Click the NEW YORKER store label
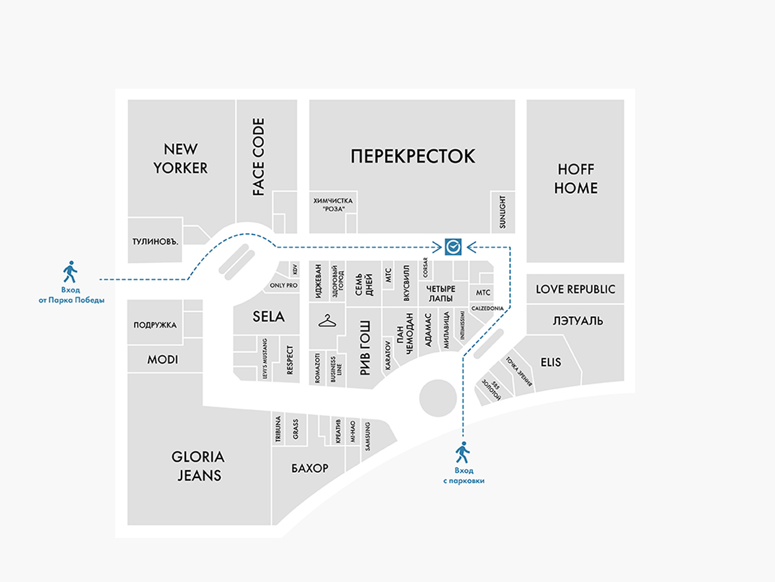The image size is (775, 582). pos(180,158)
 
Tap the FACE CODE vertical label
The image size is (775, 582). pos(258,157)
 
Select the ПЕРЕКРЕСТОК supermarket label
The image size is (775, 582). pos(413,156)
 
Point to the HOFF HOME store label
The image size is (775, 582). pos(577,179)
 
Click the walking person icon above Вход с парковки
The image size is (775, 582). pos(462,450)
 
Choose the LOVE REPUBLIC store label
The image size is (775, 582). pos(575,289)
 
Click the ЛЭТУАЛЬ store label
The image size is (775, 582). pos(577,320)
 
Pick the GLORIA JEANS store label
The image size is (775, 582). pos(198,466)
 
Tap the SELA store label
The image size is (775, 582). pos(267,317)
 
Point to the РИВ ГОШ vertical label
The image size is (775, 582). pos(365,347)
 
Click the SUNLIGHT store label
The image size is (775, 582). pos(502,212)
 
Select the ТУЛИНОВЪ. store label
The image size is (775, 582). pos(155,242)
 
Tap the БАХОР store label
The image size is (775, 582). pos(309,468)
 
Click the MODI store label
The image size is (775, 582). pos(162,360)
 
